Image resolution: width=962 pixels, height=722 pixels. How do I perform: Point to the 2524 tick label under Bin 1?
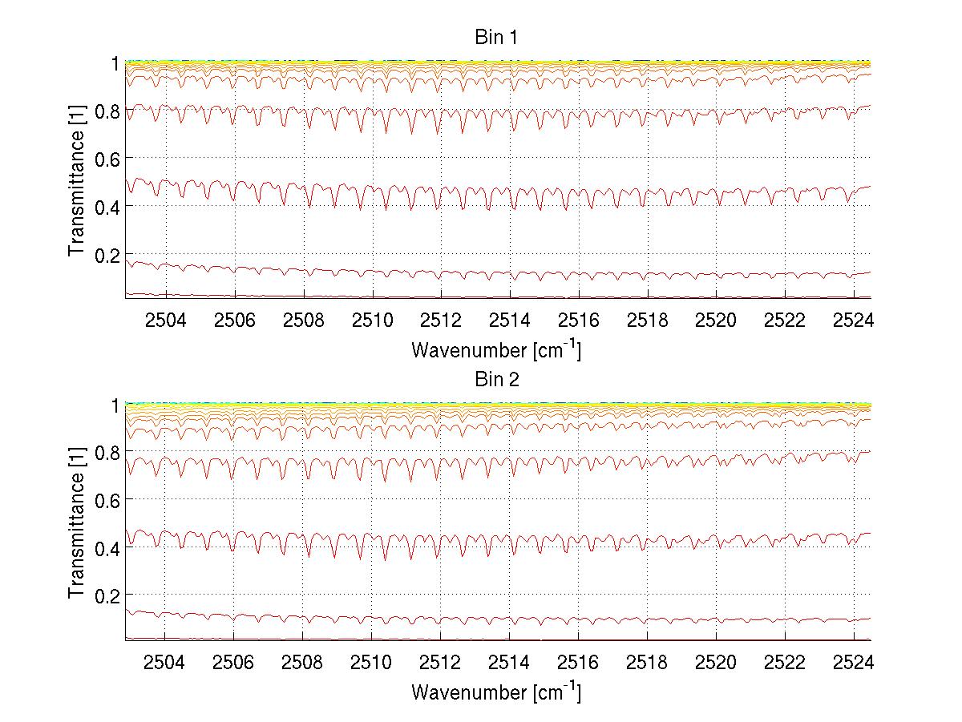853,320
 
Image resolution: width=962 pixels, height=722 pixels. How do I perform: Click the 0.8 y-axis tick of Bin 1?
104,111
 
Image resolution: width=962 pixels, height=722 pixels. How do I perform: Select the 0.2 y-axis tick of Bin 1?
104,254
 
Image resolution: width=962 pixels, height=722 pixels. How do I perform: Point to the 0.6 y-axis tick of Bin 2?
104,500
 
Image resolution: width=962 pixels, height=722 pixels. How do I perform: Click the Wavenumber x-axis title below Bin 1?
496,349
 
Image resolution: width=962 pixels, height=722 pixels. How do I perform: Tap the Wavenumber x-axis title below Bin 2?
496,692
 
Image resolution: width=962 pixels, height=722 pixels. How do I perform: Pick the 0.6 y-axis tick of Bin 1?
104,159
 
